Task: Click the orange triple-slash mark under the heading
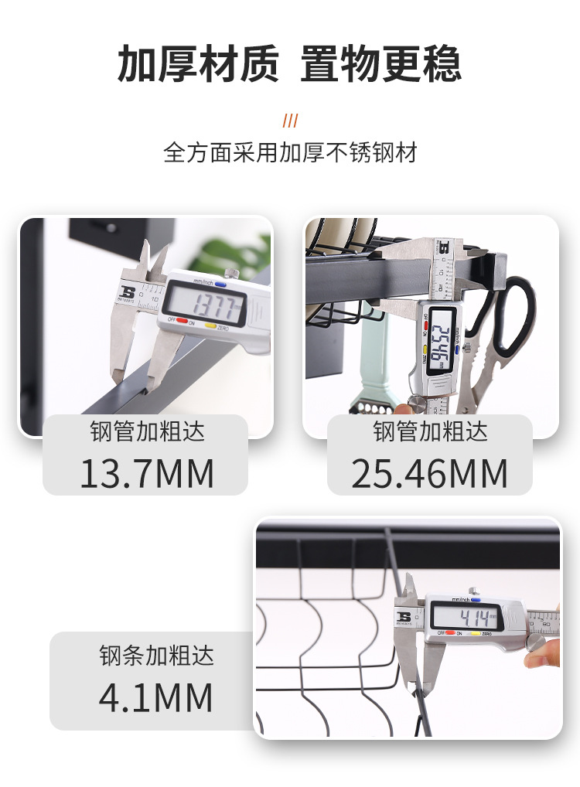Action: click(290, 121)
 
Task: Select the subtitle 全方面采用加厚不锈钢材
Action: click(290, 152)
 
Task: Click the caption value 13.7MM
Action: click(147, 473)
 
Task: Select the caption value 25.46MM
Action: click(430, 473)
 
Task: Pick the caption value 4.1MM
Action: click(155, 697)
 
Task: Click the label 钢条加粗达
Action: click(155, 656)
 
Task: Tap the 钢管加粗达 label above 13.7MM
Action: click(147, 431)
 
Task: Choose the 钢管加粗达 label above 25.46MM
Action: click(430, 431)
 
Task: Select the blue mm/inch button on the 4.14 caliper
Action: click(474, 599)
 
